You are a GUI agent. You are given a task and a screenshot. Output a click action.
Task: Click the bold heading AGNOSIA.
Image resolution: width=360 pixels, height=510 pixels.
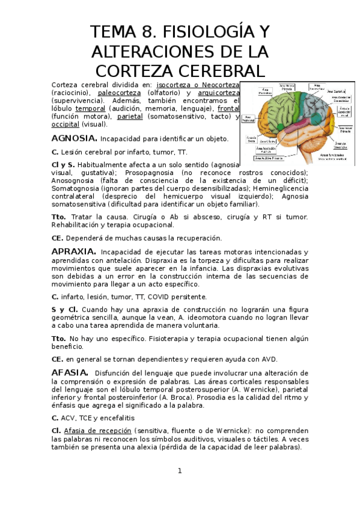(x=71, y=138)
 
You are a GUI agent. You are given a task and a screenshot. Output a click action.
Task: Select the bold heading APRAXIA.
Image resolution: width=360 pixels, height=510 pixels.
(x=74, y=251)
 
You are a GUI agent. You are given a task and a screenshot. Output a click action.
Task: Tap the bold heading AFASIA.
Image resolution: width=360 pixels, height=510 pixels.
(x=70, y=373)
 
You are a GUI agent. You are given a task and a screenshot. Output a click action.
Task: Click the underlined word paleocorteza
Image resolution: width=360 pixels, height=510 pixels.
(x=119, y=93)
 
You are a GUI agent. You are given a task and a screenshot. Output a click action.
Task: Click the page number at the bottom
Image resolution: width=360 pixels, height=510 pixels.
(x=179, y=471)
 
